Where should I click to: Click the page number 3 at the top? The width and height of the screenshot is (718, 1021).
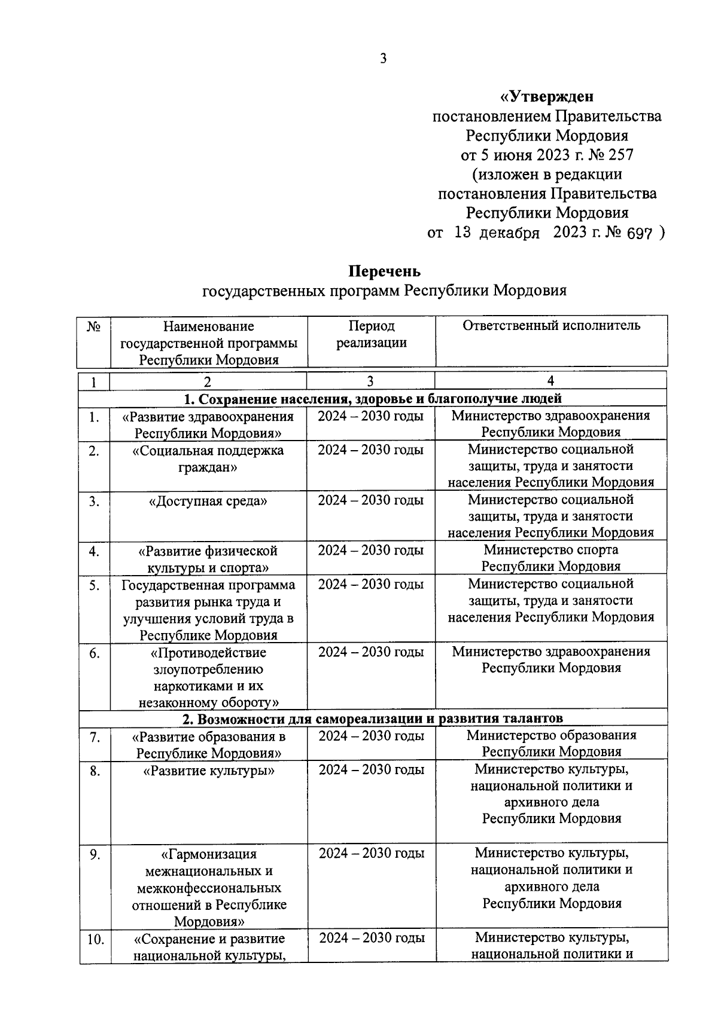point(383,59)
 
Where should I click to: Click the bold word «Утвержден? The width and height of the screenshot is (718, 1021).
point(547,96)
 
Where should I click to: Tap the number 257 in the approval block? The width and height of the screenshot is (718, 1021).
point(620,155)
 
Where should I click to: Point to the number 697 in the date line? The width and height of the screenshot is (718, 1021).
point(638,233)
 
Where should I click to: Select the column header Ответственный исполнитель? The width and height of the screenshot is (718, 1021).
point(551,326)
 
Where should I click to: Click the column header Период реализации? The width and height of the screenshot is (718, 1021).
point(371,334)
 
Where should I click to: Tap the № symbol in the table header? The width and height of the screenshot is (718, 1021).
point(93,326)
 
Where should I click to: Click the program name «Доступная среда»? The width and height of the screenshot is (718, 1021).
point(208,501)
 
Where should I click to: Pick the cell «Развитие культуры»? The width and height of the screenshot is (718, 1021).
point(208,771)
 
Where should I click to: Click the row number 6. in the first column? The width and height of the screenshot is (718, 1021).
point(94,653)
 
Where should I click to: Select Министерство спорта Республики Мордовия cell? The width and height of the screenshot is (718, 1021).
point(550,558)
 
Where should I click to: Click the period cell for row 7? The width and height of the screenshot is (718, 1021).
point(371,736)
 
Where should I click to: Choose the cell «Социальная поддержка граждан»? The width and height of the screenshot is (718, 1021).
point(208,458)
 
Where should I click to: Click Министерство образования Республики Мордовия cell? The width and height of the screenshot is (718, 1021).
point(551,743)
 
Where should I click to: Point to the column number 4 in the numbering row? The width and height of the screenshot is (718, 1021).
point(550,381)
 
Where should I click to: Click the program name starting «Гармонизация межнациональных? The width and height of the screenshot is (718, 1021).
point(209,888)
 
